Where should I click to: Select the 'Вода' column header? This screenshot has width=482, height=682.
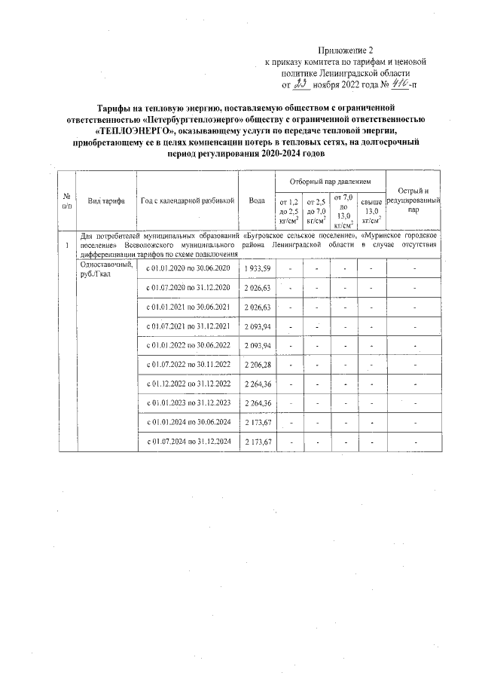click(257, 200)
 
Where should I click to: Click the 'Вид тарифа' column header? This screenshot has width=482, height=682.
click(105, 200)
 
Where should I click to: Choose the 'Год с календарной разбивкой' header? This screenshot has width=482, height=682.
click(187, 200)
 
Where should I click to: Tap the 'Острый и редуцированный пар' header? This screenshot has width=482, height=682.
click(412, 200)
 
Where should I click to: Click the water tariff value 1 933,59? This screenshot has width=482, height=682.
click(257, 268)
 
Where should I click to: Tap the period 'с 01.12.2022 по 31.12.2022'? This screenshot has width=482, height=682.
click(187, 383)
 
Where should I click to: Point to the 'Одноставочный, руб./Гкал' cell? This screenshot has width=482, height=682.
click(105, 268)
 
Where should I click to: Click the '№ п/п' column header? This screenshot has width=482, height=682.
click(67, 200)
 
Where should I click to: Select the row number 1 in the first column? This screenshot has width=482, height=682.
click(67, 245)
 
